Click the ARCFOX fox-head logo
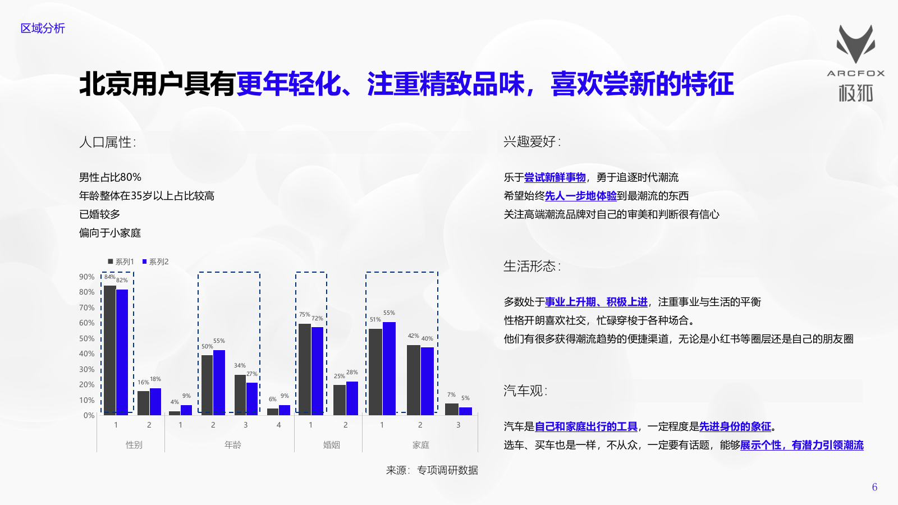point(855,44)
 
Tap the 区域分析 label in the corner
point(43,28)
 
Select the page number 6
point(874,487)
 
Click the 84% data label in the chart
point(109,277)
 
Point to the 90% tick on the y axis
point(86,277)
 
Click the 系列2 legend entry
point(155,261)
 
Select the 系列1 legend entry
point(121,261)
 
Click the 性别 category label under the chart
point(134,445)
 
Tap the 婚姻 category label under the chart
point(331,445)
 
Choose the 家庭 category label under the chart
point(420,445)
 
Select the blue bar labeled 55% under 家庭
point(389,368)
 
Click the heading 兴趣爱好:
point(532,141)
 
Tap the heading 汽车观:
point(525,391)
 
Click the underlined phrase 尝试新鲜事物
point(555,177)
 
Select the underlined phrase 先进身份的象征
point(735,426)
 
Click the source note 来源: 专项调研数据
point(432,470)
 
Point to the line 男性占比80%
point(110,177)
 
